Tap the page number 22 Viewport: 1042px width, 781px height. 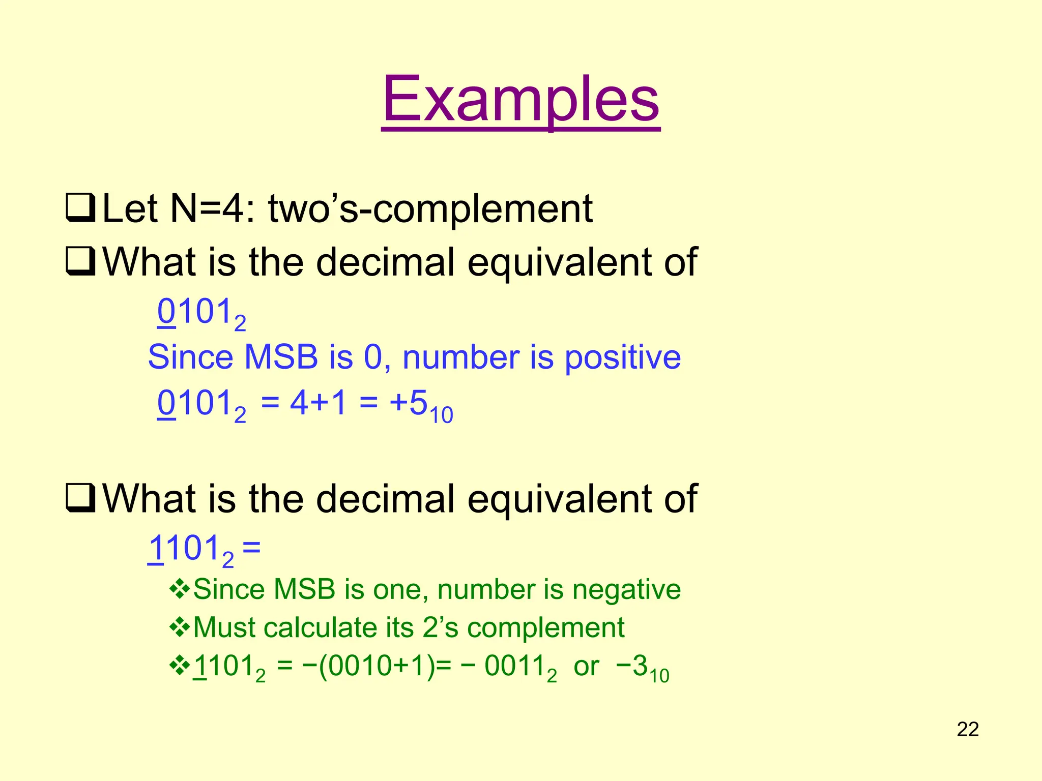point(968,730)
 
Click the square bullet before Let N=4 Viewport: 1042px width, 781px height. point(80,208)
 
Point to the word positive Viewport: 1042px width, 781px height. point(623,357)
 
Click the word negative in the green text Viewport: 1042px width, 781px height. point(626,589)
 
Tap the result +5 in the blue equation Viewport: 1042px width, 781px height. point(410,404)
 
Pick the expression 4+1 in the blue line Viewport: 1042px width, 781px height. point(319,404)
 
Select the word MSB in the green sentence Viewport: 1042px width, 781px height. point(304,589)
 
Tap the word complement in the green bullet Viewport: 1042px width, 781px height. point(546,627)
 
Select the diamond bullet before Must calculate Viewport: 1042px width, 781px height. point(180,627)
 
